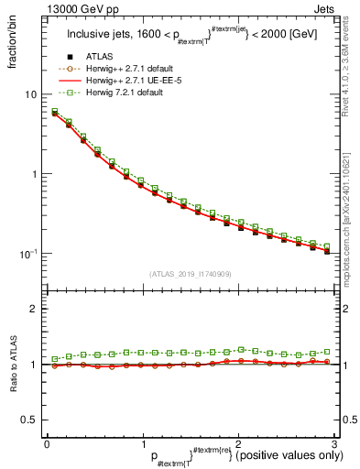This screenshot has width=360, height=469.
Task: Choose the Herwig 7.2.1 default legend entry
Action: [119, 93]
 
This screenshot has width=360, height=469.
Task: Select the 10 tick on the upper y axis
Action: [30, 94]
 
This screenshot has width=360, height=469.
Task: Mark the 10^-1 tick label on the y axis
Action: [28, 254]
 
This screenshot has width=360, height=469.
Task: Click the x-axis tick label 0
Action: [47, 445]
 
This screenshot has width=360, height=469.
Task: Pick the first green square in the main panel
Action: [55, 111]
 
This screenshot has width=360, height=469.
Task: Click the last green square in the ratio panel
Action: [327, 352]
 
